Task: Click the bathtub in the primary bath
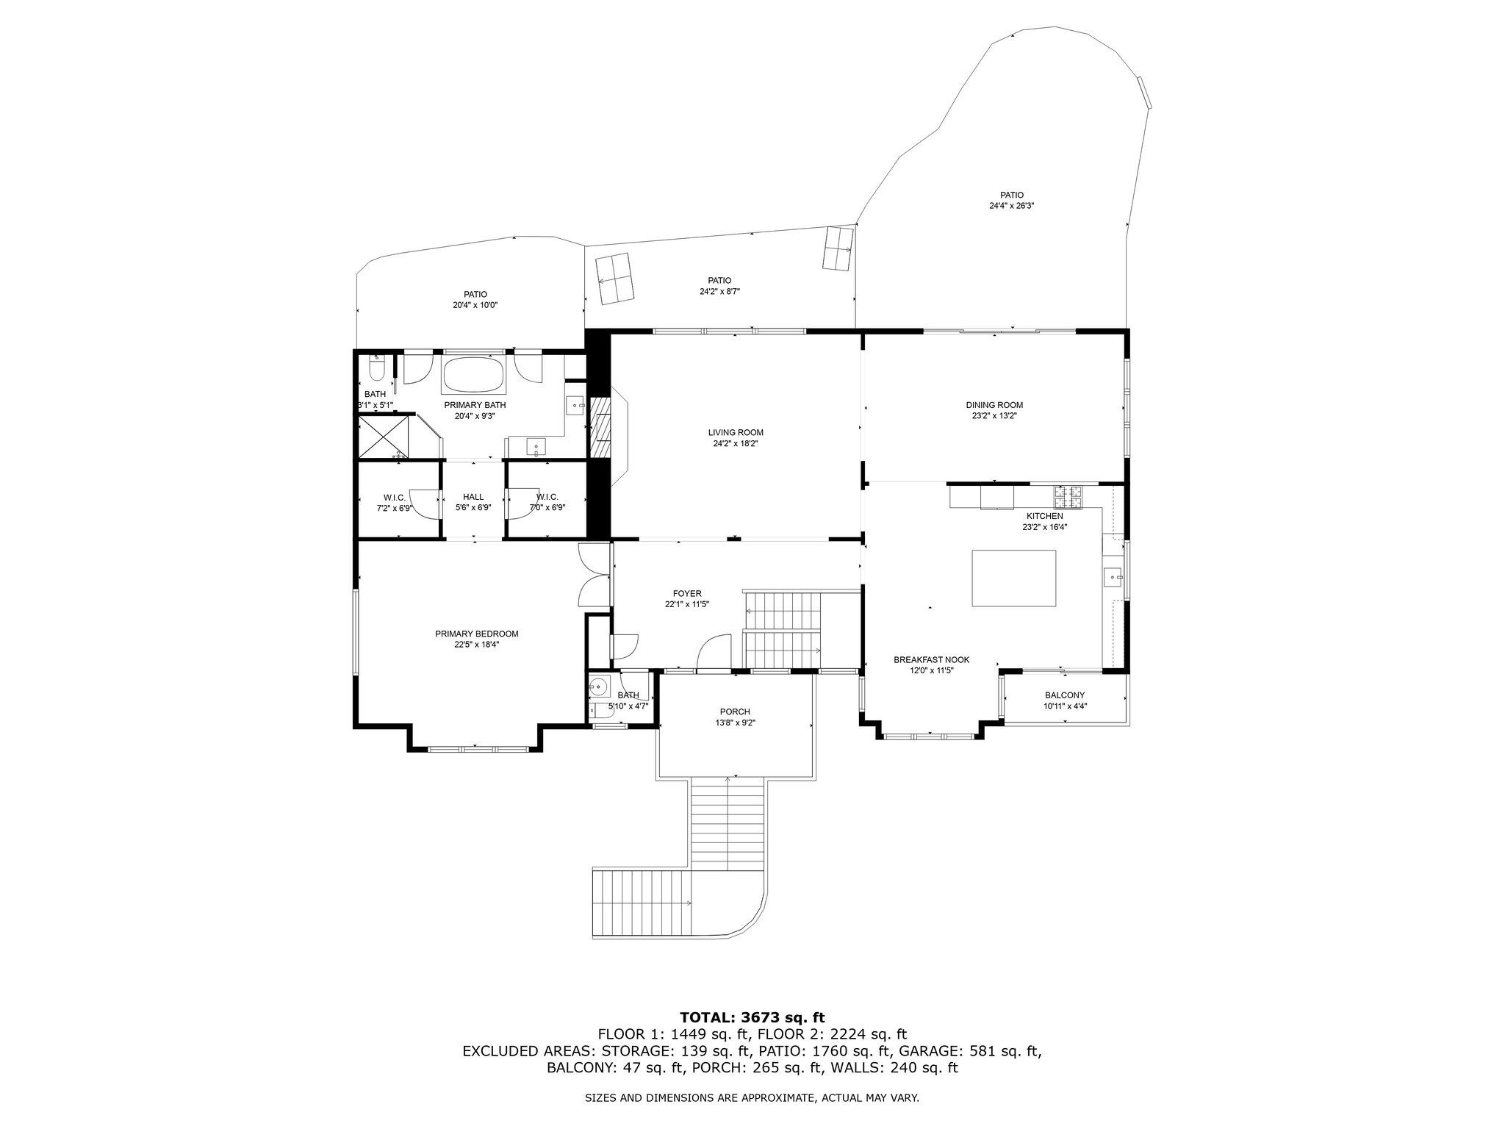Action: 473,375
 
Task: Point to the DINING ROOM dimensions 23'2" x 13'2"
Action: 994,415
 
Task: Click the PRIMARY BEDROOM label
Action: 477,634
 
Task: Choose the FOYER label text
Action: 687,593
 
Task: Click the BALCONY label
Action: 1065,695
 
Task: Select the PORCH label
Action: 735,711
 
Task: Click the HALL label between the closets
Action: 473,496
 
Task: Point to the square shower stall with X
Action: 382,437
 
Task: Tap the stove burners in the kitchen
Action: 1068,498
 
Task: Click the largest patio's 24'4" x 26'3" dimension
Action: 1012,206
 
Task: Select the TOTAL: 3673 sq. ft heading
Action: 752,1017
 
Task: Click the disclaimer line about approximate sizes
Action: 752,1098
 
